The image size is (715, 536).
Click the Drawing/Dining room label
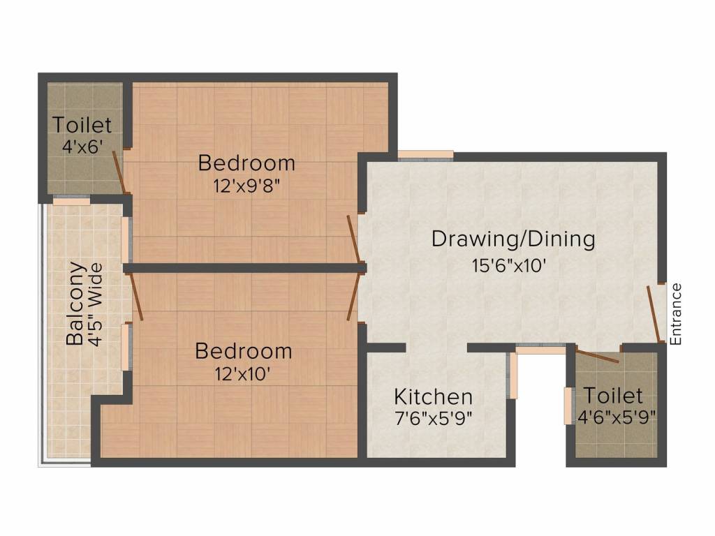tap(513, 239)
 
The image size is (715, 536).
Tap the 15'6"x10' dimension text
tap(513, 266)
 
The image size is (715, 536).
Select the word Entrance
tap(675, 314)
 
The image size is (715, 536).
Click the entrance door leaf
tap(654, 314)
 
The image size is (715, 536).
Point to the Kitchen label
tap(433, 397)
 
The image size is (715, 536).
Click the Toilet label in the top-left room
tap(82, 126)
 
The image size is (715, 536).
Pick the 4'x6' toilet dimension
tap(82, 147)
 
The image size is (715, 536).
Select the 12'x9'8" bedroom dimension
tap(246, 186)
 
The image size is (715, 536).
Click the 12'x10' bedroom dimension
tap(243, 373)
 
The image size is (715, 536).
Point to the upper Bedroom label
tap(246, 163)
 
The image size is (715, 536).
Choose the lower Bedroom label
tap(243, 350)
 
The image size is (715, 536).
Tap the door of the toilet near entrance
tap(598, 355)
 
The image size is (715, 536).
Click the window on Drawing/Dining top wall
tap(425, 155)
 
